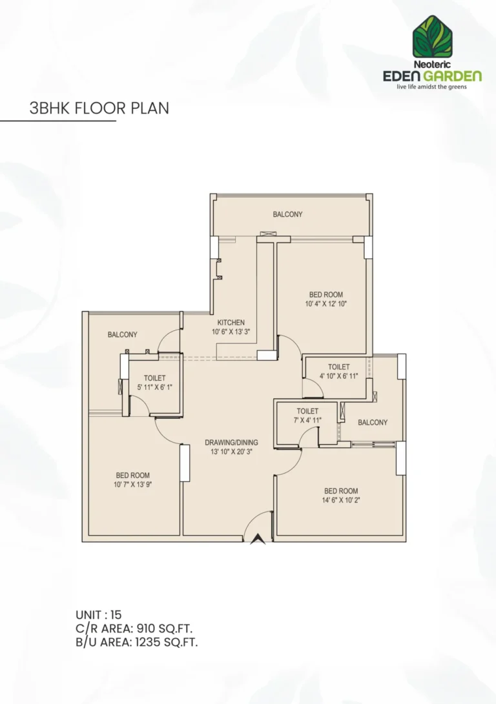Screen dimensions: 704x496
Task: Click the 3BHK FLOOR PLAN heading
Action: tap(99, 108)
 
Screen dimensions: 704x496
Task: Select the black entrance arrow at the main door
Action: tap(258, 539)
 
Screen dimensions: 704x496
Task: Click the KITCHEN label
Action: tap(231, 323)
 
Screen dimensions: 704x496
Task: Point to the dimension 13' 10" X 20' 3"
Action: tap(231, 452)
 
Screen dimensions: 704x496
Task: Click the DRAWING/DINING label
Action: tap(231, 443)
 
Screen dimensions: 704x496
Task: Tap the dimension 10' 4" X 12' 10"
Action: tap(326, 304)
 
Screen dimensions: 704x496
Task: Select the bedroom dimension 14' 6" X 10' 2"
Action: tap(341, 500)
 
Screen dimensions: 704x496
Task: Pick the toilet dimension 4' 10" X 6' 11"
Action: tap(338, 376)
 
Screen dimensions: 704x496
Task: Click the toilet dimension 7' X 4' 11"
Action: tap(307, 420)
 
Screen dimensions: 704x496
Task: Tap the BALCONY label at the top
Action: tap(287, 214)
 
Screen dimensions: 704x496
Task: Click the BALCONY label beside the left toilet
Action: tap(122, 335)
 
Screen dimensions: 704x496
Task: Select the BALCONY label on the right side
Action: tap(373, 423)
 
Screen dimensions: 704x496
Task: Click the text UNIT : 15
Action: tap(98, 614)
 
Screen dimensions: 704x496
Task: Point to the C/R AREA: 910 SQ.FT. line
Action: tap(134, 628)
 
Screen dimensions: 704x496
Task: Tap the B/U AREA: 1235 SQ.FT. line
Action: tap(136, 642)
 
